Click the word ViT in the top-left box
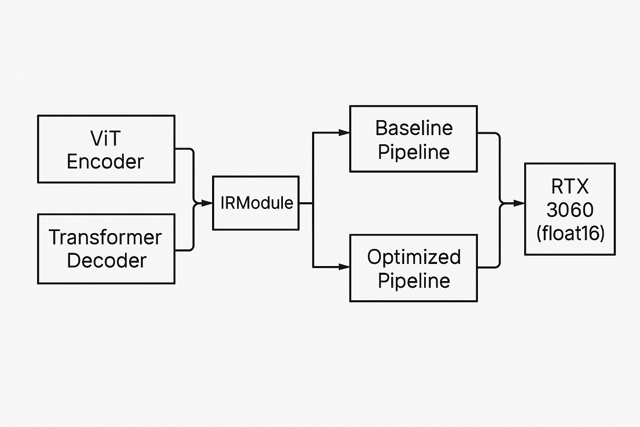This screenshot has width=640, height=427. [105, 138]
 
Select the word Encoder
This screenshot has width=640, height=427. [105, 162]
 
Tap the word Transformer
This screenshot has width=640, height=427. [105, 238]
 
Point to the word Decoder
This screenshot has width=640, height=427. [107, 261]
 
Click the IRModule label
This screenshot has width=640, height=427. [257, 203]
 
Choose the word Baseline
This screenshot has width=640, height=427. [414, 128]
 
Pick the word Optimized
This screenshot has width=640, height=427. [414, 257]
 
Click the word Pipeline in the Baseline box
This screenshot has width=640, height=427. [414, 152]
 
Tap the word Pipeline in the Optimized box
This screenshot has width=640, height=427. [414, 281]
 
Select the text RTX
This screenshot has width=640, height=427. [570, 186]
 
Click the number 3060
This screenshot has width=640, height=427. [570, 209]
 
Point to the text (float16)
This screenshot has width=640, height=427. [570, 233]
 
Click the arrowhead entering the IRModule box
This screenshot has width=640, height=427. [207, 203]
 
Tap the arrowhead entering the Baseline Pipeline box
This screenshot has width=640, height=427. [344, 133]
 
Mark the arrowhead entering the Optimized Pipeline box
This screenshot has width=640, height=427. [344, 267]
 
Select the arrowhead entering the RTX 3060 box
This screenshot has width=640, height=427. [519, 203]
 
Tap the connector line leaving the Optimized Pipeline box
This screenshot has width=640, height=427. [488, 267]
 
